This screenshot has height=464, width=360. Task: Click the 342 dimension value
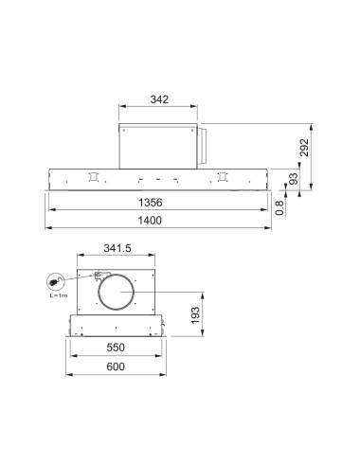(x=159, y=99)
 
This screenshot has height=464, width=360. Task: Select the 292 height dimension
(x=304, y=148)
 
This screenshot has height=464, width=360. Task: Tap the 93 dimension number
(x=293, y=179)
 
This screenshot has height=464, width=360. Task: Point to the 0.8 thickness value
(x=279, y=207)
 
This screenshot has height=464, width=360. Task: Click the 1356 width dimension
(x=151, y=203)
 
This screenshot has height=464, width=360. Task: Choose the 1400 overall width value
(x=150, y=220)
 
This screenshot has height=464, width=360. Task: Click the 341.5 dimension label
(x=117, y=248)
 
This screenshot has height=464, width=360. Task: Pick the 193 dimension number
(x=195, y=315)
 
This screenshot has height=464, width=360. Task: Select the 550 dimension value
(x=116, y=348)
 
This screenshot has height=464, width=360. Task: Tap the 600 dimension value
(x=116, y=366)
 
